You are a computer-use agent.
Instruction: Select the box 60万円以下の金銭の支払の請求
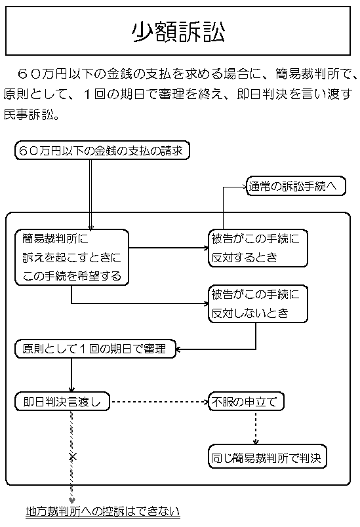click(102, 151)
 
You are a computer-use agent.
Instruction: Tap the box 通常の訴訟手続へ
click(296, 186)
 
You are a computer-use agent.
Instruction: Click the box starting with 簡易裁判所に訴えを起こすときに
click(71, 257)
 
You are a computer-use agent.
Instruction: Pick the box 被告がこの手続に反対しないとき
click(257, 303)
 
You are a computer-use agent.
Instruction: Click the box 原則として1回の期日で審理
click(95, 349)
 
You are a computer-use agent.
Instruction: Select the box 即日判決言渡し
click(62, 400)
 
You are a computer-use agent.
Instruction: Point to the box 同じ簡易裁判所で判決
click(267, 456)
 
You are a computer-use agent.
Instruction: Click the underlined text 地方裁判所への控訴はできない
click(102, 511)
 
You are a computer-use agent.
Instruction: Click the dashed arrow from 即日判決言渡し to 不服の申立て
click(157, 400)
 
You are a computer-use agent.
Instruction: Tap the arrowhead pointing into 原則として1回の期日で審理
click(180, 349)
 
